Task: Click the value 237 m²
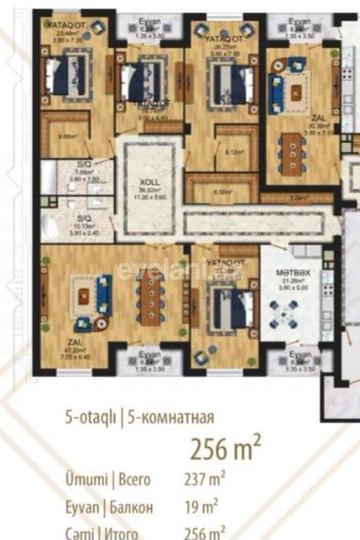(x=205, y=480)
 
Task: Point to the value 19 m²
(x=201, y=506)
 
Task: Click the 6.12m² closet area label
(x=234, y=152)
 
